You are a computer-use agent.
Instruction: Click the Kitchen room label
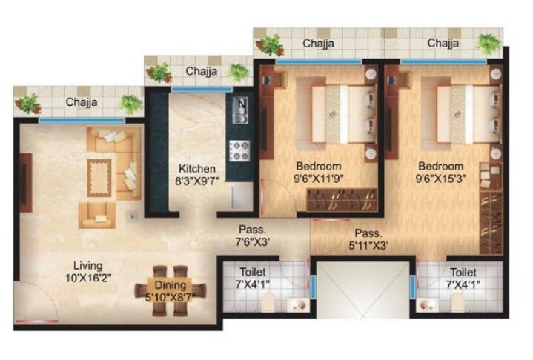pyautogui.click(x=197, y=168)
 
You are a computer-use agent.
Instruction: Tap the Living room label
pyautogui.click(x=87, y=265)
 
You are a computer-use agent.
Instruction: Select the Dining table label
pyautogui.click(x=170, y=284)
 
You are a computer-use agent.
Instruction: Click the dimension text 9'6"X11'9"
pyautogui.click(x=317, y=179)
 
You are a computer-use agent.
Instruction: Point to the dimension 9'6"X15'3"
pyautogui.click(x=440, y=179)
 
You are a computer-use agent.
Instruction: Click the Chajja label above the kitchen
pyautogui.click(x=201, y=71)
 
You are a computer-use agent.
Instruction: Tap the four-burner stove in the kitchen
pyautogui.click(x=240, y=150)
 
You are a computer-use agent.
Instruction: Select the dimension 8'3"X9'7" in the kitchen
pyautogui.click(x=197, y=180)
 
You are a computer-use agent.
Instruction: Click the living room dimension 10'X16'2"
pyautogui.click(x=87, y=277)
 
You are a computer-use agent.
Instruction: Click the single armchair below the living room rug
pyautogui.click(x=97, y=215)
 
